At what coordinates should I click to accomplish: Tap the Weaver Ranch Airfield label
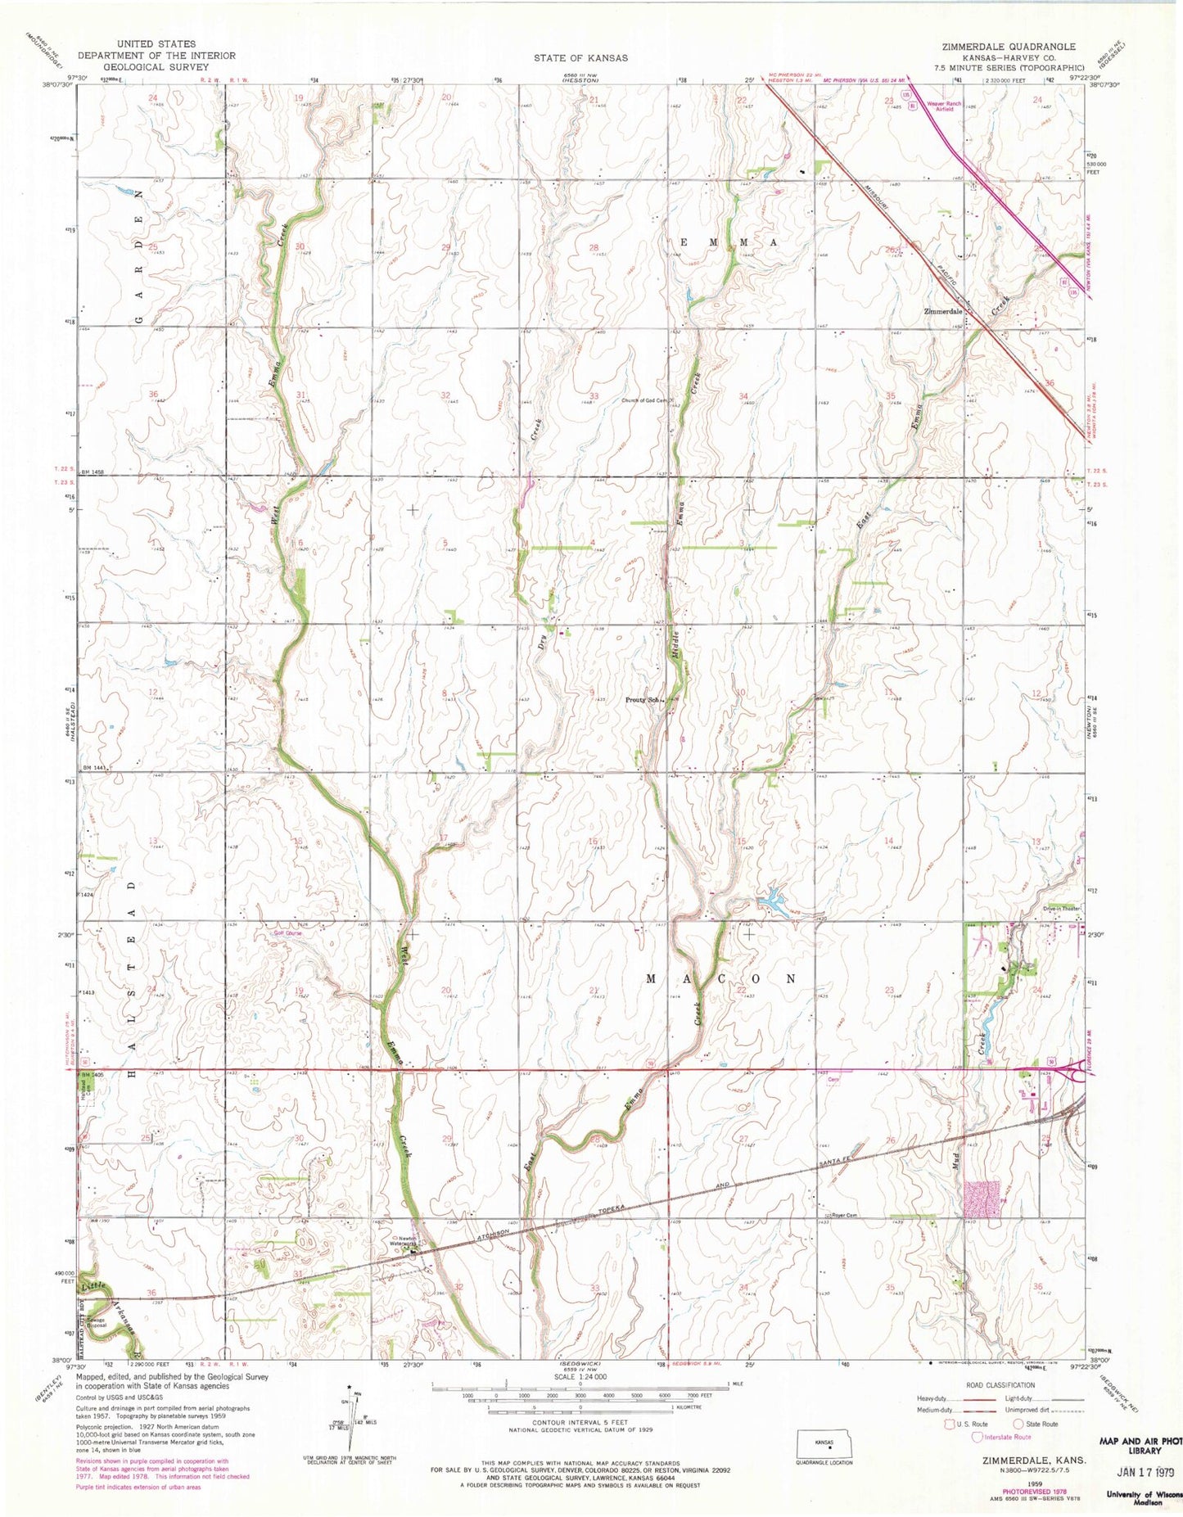click(x=943, y=106)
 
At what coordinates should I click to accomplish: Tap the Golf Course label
click(x=288, y=932)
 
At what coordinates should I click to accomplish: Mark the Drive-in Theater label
click(x=1063, y=907)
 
